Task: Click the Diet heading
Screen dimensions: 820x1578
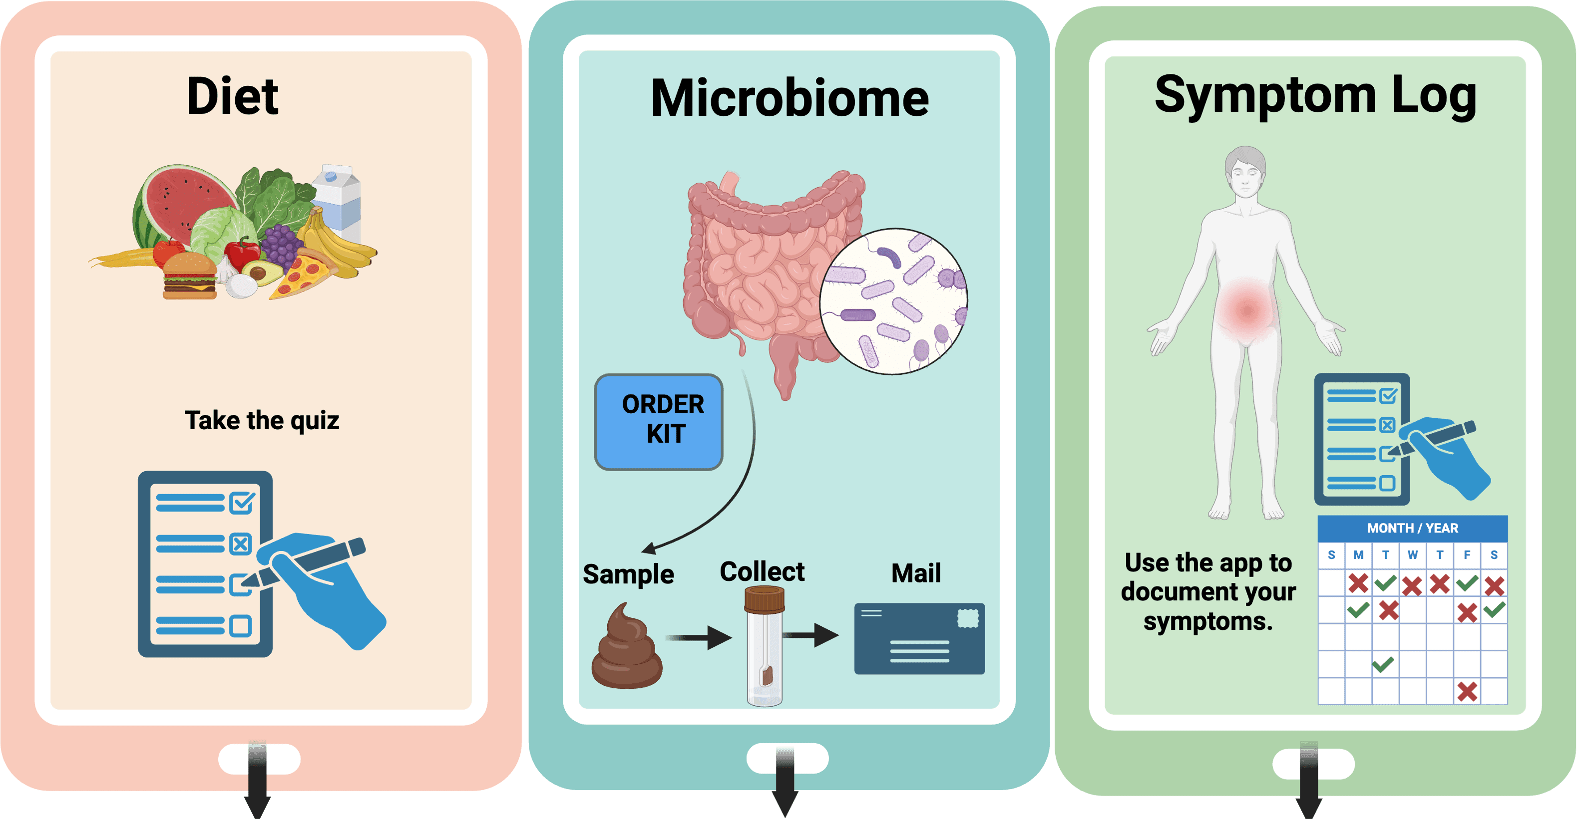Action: point(232,96)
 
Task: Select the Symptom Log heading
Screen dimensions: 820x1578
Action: point(1315,95)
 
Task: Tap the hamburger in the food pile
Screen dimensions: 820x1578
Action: point(189,277)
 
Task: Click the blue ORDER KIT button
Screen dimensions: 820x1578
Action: point(659,421)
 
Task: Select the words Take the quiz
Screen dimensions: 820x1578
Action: point(262,421)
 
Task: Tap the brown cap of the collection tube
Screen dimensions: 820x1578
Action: point(764,598)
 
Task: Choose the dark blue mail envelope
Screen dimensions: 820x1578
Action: point(919,638)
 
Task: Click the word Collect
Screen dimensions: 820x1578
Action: point(762,571)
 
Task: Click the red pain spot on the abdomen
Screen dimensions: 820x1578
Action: point(1246,308)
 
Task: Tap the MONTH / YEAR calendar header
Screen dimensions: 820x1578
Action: point(1412,528)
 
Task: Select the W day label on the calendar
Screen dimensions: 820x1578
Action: point(1412,555)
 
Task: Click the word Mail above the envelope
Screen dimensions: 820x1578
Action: point(916,573)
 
